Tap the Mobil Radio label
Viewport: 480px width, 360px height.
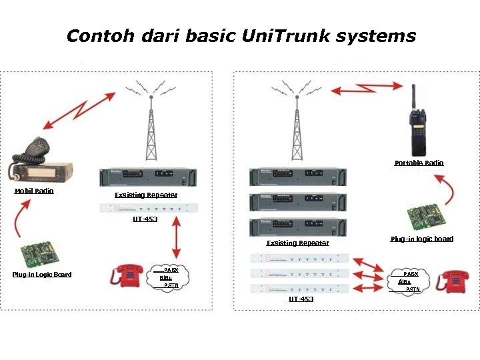click(34, 191)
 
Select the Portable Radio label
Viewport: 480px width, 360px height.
click(419, 163)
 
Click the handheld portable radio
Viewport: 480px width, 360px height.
click(418, 127)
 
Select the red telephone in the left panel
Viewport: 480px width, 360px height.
click(127, 276)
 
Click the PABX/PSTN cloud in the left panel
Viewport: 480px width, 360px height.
click(170, 277)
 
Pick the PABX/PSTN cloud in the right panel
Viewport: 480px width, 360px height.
click(411, 282)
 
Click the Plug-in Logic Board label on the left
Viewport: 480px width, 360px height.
click(42, 275)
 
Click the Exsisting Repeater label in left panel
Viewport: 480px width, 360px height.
click(146, 195)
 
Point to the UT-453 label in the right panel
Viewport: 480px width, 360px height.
click(301, 299)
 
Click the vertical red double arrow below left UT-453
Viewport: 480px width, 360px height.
click(176, 236)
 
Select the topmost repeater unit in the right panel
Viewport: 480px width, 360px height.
click(298, 177)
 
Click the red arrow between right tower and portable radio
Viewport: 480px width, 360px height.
click(369, 87)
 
